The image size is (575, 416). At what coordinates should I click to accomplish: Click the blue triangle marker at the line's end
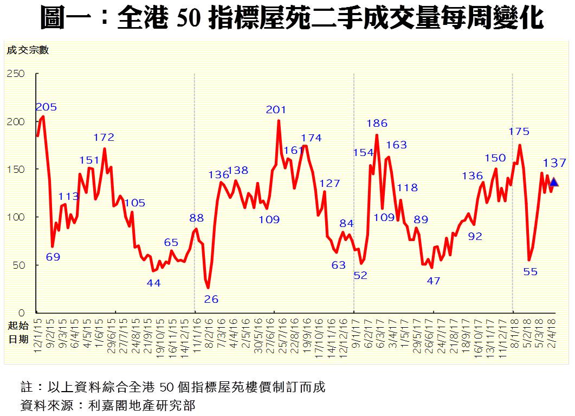pos(554,183)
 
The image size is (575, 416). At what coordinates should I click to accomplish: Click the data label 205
pos(46,107)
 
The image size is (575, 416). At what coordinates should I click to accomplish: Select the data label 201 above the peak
pos(276,110)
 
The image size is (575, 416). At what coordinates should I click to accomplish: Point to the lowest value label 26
pos(212,299)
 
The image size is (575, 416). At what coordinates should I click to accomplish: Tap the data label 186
pos(377,123)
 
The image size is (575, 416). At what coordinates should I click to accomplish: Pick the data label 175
pos(519,131)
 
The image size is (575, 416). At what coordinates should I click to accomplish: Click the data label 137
pos(554,162)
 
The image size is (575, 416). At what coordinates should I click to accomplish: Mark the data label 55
pos(531,272)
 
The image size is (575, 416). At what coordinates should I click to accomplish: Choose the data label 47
pos(434,281)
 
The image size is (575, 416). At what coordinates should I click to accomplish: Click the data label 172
pos(104,138)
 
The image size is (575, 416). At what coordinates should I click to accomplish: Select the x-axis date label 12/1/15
pos(38,336)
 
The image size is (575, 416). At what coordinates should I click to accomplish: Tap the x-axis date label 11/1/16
pos(196,336)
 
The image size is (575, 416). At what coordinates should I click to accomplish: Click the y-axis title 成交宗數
pos(28,50)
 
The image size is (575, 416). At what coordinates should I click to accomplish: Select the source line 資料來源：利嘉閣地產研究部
pos(107,405)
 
